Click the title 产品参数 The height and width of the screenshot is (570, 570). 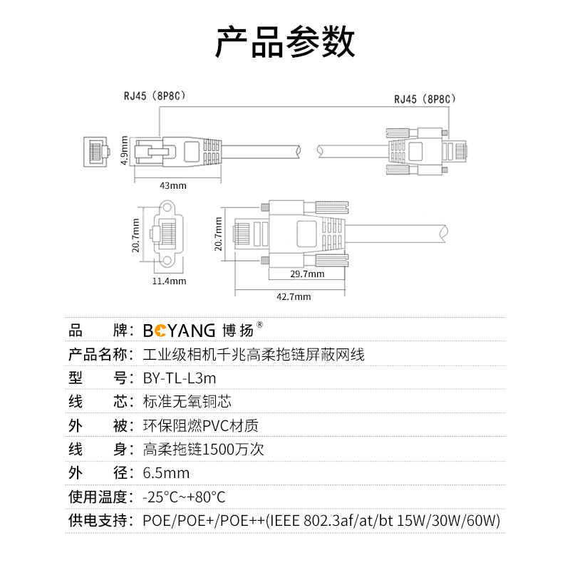285,42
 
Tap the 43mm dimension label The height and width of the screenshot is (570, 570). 173,186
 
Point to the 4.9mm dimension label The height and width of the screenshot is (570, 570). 124,150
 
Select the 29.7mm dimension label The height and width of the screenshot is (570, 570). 307,274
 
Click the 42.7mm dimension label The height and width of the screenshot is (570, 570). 294,297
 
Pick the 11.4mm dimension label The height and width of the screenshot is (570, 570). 169,281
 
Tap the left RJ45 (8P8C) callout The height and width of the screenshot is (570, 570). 155,96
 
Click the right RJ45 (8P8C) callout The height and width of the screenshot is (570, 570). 425,99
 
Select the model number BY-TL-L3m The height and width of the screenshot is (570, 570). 180,378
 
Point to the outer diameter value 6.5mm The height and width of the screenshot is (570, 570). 166,473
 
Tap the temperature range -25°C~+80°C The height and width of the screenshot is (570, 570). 184,497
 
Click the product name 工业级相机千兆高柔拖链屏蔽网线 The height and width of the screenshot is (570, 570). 254,354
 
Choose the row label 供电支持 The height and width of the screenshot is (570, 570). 98,521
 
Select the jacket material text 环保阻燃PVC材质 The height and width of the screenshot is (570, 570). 201,425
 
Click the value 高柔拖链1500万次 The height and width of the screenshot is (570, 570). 203,450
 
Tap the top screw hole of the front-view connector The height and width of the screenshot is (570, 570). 167,207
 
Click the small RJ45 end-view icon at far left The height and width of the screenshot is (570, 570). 96,152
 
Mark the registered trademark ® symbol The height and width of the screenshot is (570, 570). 259,325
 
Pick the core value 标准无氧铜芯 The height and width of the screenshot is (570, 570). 187,402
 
